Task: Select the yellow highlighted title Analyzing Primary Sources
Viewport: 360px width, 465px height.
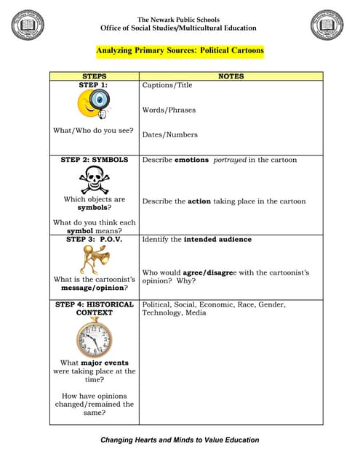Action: pyautogui.click(x=180, y=52)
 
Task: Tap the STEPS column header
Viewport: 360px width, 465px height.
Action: pyautogui.click(x=94, y=76)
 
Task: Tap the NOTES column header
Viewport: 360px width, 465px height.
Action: pyautogui.click(x=231, y=76)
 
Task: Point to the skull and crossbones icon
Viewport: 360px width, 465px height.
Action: pyautogui.click(x=94, y=178)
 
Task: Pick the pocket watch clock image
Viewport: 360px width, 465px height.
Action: pyautogui.click(x=94, y=337)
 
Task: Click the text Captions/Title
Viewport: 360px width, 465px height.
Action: pyautogui.click(x=167, y=86)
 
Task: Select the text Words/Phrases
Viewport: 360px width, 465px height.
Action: pyautogui.click(x=169, y=110)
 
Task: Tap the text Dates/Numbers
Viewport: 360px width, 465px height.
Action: pyautogui.click(x=170, y=134)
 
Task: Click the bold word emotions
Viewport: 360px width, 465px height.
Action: pyautogui.click(x=192, y=160)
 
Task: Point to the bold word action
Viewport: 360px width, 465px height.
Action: pyautogui.click(x=199, y=201)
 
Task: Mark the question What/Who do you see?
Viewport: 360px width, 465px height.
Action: pyautogui.click(x=93, y=131)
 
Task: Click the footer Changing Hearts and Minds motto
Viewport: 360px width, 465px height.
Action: pyautogui.click(x=180, y=440)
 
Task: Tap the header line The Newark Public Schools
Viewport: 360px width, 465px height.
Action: pyautogui.click(x=178, y=20)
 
